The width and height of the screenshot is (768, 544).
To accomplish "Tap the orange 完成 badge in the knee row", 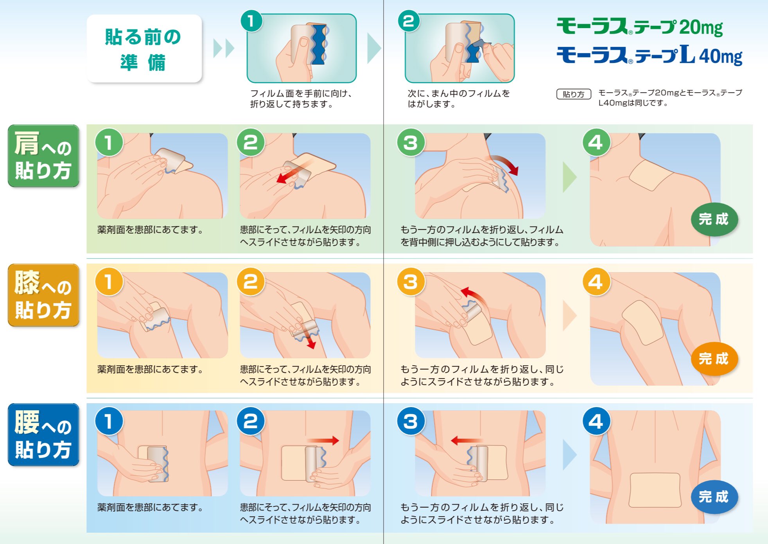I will point(714,359).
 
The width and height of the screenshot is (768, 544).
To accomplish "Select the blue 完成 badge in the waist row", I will point(714,497).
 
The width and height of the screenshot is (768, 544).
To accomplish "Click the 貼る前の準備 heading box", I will point(144,49).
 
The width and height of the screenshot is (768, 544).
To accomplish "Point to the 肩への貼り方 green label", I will point(43,156).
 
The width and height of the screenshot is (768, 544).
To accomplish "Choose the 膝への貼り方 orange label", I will point(43,295).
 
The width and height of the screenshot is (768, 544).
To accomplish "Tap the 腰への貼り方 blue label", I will point(43,434).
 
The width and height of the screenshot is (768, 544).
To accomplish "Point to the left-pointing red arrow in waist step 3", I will point(465,441).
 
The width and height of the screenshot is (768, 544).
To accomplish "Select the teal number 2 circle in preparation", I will point(409,21).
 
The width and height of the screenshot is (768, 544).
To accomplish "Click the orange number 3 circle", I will point(411,282).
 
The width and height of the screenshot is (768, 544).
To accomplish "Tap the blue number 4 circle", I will point(596,422).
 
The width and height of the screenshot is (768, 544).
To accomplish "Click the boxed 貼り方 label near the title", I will point(573,94).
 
